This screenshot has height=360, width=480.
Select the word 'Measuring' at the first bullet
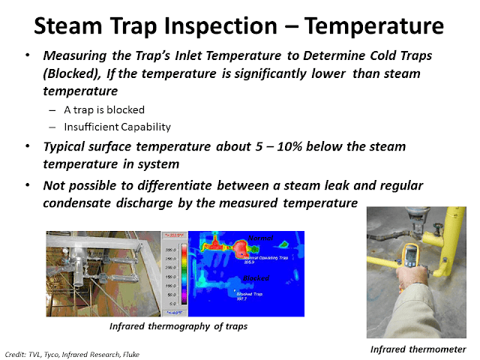click(74, 58)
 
